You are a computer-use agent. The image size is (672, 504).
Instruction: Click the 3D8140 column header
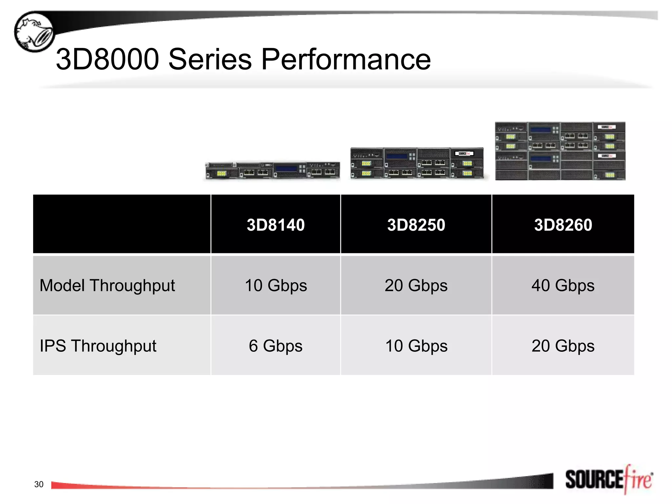[x=276, y=225]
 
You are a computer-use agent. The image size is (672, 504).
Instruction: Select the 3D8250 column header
[x=416, y=225]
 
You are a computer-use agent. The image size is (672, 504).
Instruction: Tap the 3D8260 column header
[x=563, y=225]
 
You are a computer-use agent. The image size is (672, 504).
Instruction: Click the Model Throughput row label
[x=107, y=285]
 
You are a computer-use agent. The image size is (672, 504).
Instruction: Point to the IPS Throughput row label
[x=98, y=346]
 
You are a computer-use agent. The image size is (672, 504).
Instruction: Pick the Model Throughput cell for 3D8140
[x=276, y=285]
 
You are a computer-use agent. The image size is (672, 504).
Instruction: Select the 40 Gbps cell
[x=563, y=285]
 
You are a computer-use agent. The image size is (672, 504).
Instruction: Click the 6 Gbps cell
[x=276, y=346]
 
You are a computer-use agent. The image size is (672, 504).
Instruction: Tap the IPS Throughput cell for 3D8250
[x=416, y=346]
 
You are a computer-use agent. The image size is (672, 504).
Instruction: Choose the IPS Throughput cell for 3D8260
[x=563, y=346]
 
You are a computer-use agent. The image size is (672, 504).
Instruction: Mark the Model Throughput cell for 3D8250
[x=416, y=285]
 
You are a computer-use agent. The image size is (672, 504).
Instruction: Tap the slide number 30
[x=39, y=484]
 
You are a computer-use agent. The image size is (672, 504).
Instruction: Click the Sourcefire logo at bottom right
[x=609, y=480]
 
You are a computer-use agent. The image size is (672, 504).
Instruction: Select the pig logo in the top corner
[x=34, y=32]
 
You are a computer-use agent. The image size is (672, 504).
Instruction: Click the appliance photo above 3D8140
[x=272, y=170]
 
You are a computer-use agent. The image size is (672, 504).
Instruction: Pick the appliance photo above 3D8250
[x=417, y=163]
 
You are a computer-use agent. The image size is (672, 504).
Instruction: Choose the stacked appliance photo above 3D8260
[x=560, y=151]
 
